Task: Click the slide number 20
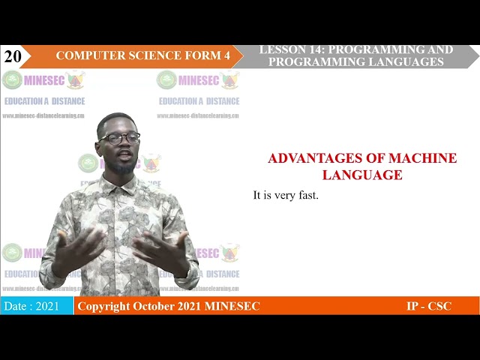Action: coord(12,56)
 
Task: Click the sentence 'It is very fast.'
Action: coord(286,196)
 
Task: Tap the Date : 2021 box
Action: coord(36,306)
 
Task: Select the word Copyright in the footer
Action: coord(103,306)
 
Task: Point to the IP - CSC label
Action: coord(428,306)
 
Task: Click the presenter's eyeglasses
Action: coord(120,139)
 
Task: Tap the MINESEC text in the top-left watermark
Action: coord(44,80)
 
